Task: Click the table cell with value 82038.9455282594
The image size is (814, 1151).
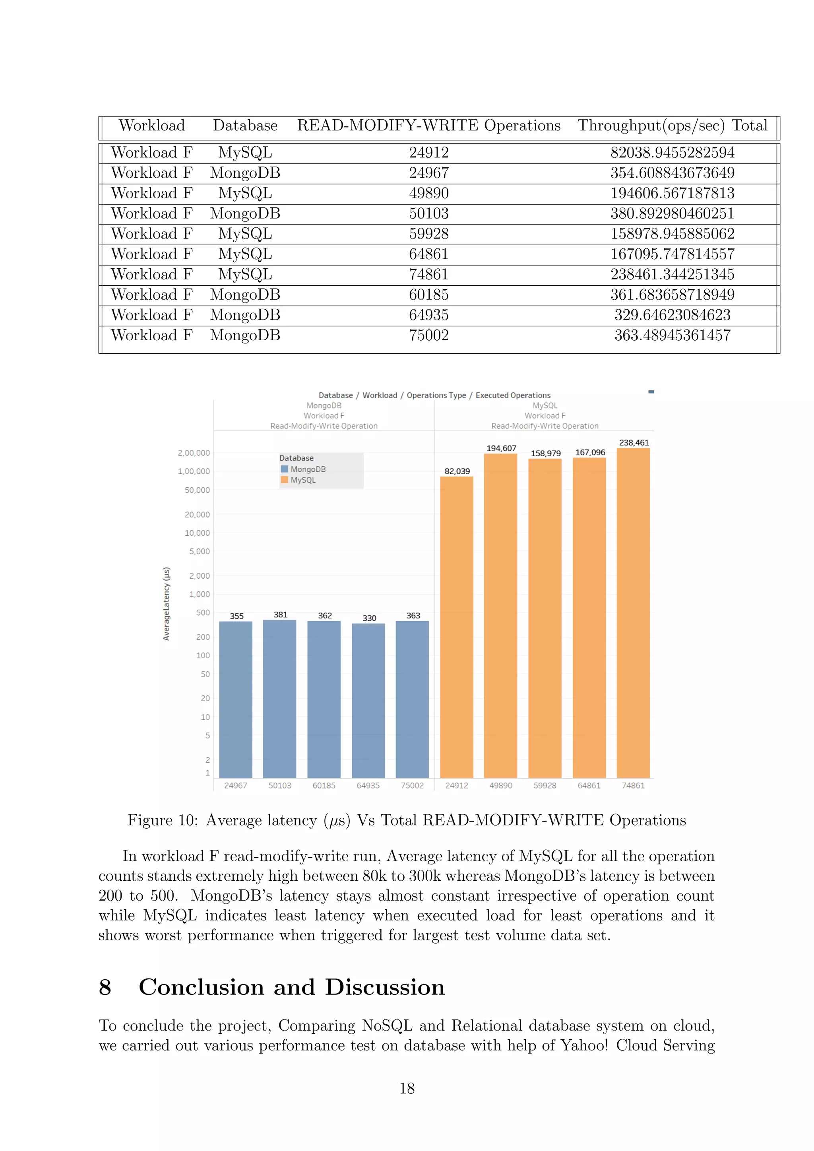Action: [672, 152]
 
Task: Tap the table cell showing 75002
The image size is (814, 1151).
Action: [428, 335]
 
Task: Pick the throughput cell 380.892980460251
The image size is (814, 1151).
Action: [672, 213]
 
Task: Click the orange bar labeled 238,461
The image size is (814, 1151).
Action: [633, 612]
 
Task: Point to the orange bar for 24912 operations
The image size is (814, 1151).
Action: [457, 627]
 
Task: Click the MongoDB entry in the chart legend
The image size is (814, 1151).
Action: [307, 469]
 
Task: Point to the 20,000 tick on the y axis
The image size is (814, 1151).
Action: [197, 514]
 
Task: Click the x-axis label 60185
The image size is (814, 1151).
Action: [324, 785]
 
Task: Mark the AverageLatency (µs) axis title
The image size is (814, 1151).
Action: [167, 604]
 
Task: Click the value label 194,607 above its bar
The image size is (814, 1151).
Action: [501, 448]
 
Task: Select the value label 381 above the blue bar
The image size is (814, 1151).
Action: [280, 614]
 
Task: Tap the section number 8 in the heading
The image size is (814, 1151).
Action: [105, 988]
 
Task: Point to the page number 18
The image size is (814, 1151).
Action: [407, 1088]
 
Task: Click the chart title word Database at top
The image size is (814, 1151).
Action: [335, 395]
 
